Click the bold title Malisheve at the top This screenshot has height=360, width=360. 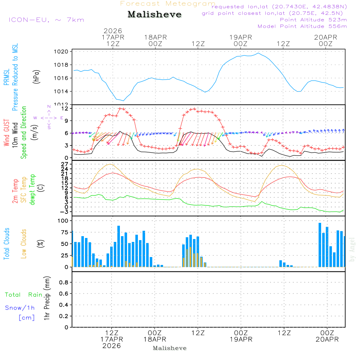[154, 14]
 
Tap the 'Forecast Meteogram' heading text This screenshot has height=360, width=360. [168, 4]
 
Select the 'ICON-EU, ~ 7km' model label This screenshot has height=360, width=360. [46, 20]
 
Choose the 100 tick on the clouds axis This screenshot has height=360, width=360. [63, 220]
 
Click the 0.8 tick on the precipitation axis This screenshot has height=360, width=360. [63, 283]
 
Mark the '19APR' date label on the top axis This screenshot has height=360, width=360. [240, 37]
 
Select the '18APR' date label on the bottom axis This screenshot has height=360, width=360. [155, 339]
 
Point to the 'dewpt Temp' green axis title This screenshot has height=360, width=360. [32, 190]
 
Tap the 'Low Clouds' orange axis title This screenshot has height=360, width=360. [24, 244]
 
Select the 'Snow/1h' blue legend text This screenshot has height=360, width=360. [20, 308]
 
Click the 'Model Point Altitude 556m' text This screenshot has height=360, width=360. [302, 26]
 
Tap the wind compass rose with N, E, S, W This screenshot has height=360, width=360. [49, 117]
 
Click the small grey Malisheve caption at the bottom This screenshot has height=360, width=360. [170, 348]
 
